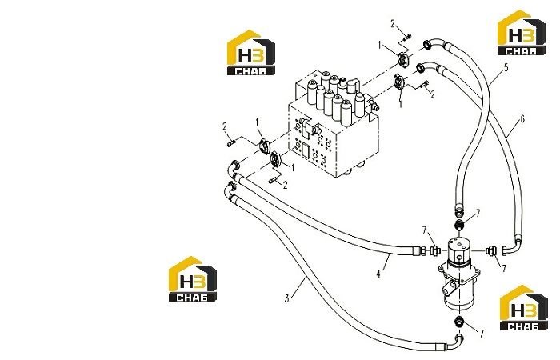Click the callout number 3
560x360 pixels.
[x=286, y=298]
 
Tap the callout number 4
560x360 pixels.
[x=378, y=274]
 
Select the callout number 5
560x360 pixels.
[x=506, y=67]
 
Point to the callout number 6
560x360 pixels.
[x=522, y=119]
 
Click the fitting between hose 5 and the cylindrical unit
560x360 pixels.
[x=460, y=226]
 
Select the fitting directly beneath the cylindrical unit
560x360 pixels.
[x=460, y=322]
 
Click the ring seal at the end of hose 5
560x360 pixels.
[x=426, y=44]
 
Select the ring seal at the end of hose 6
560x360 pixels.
[x=420, y=66]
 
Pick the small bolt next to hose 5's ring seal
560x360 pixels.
[x=407, y=36]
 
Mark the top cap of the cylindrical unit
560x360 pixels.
[x=459, y=243]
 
